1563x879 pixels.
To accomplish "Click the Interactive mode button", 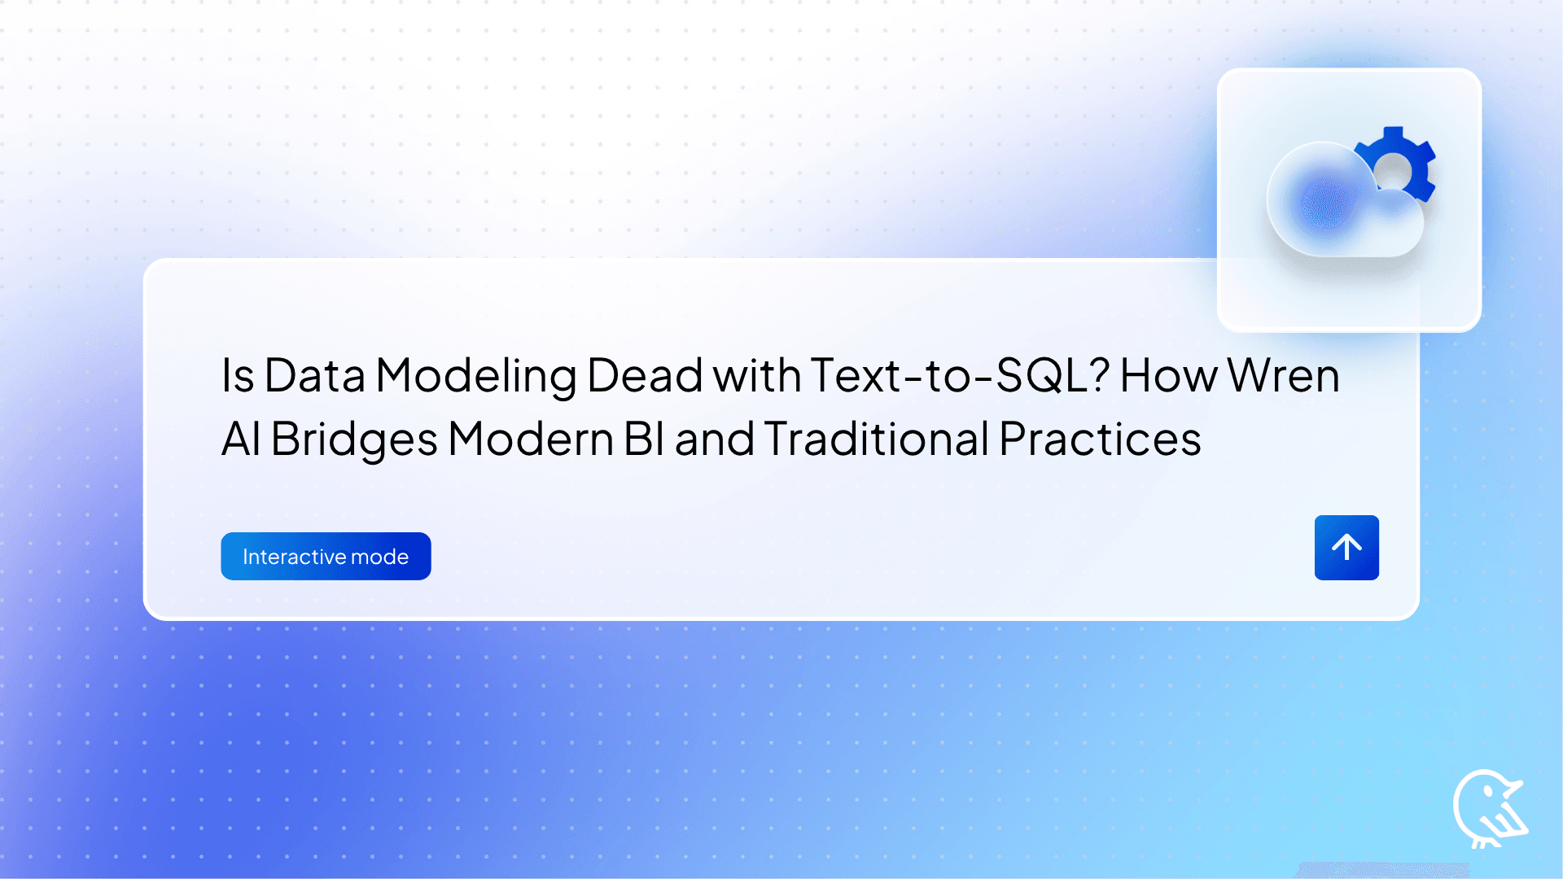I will coord(326,556).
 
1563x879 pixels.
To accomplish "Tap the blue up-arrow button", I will coord(1346,547).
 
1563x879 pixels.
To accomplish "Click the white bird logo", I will coord(1488,809).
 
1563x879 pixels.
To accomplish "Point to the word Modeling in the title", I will coord(475,376).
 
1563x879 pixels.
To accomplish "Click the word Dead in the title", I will coord(644,376).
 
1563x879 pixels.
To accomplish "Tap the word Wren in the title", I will coord(1283,376).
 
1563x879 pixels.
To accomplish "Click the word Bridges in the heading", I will coord(354,439).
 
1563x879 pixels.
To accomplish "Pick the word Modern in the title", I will coord(531,439).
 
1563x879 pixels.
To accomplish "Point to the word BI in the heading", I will coord(644,439).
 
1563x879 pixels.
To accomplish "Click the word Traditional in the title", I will coord(876,439).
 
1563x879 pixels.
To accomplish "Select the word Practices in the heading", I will coord(1100,439).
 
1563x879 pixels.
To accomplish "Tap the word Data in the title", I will coord(314,376).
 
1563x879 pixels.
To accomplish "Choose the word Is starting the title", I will coord(238,376).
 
